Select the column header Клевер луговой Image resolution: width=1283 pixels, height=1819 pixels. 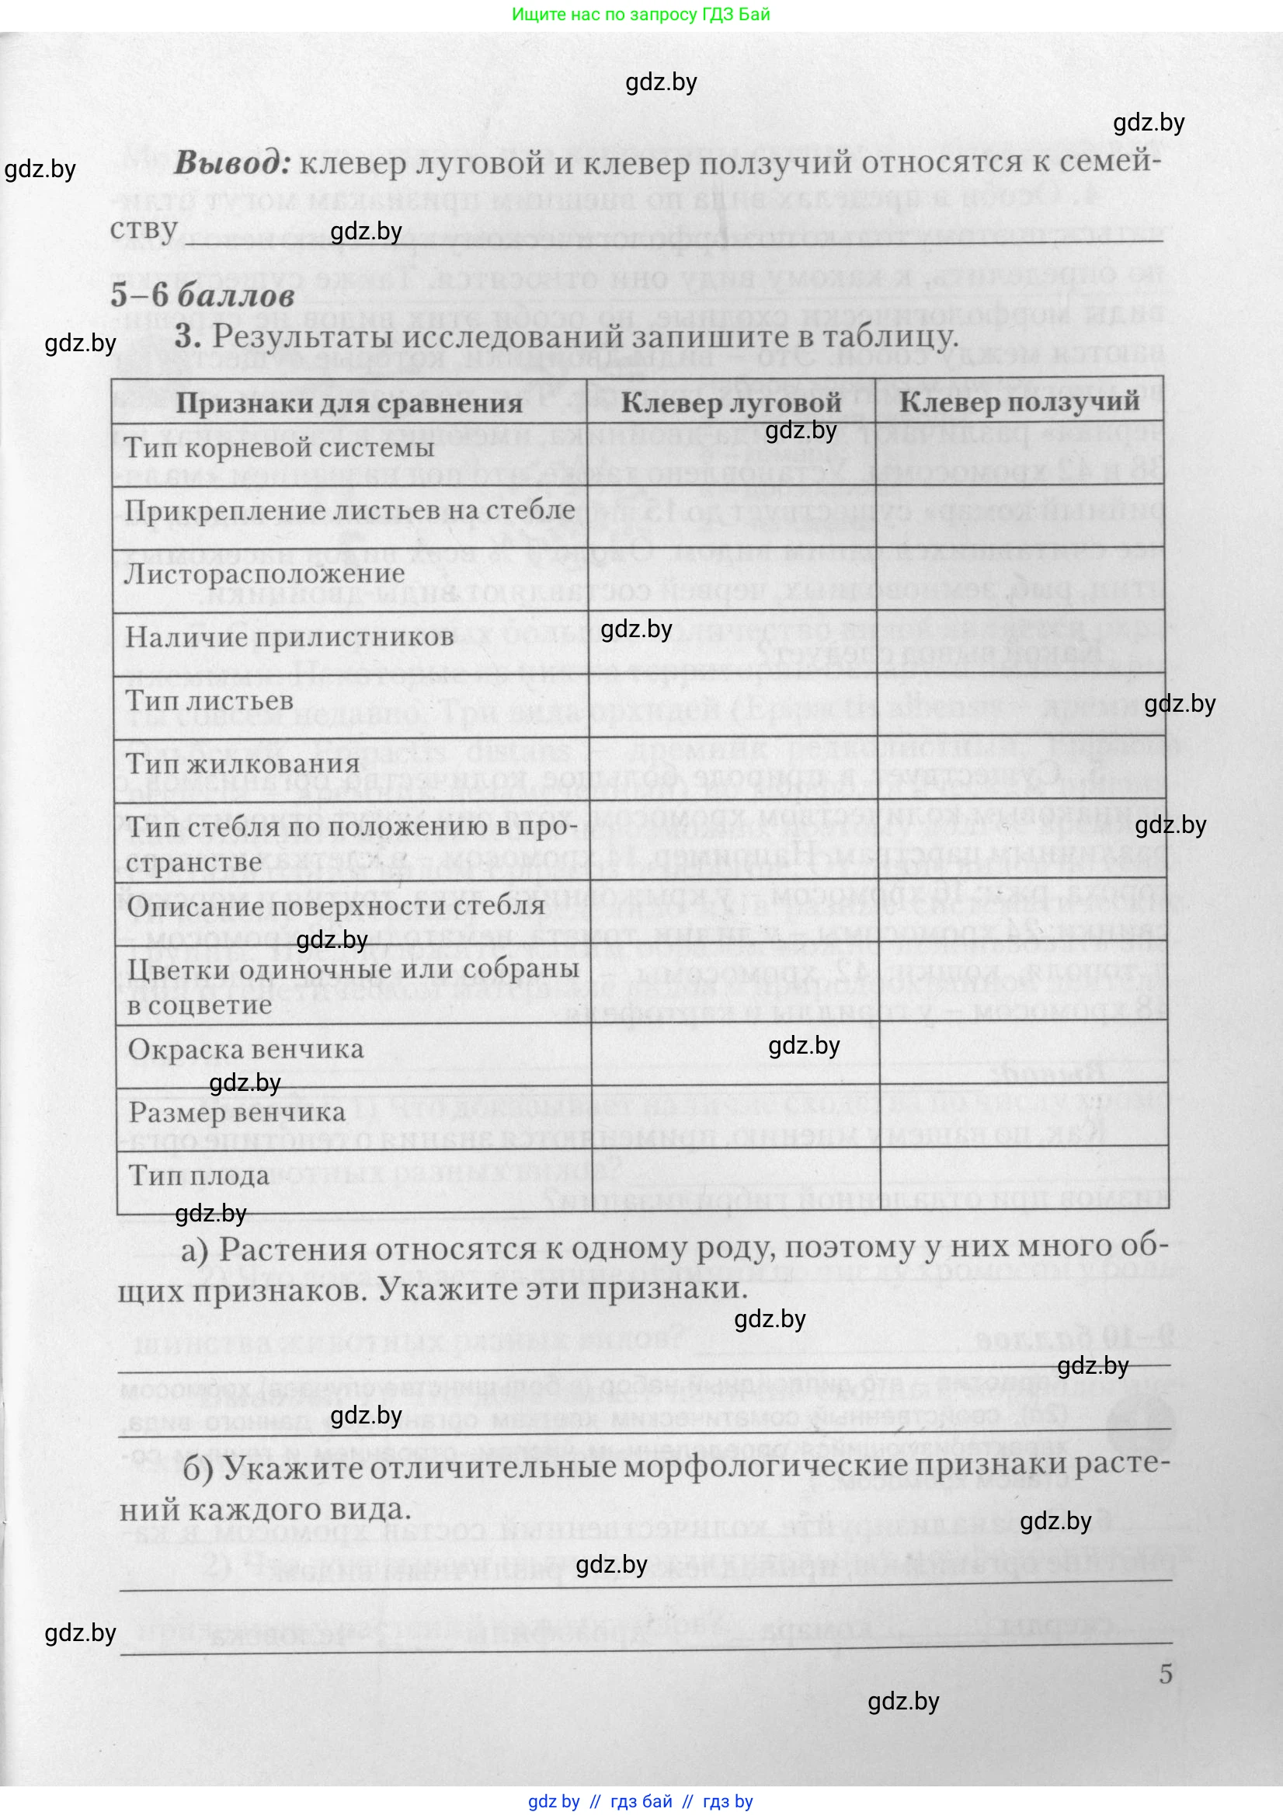[730, 402]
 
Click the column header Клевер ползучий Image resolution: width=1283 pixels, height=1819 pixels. [1019, 401]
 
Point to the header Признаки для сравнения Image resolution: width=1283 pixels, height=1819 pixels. [349, 403]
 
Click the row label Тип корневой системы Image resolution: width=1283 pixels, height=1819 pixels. [280, 448]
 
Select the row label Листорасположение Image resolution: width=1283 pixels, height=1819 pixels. [265, 573]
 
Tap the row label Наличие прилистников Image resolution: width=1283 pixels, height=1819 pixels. [290, 637]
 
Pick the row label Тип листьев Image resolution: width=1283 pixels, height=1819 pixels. [209, 701]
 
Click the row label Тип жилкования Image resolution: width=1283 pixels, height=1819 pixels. [243, 765]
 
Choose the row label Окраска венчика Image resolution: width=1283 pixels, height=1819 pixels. [245, 1050]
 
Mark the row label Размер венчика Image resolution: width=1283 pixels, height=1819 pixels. [237, 1113]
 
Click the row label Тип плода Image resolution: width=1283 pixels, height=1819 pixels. [200, 1175]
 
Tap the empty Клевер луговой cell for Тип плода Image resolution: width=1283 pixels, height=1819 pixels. [734, 1180]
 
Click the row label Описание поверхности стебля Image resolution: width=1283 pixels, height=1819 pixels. [336, 906]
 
